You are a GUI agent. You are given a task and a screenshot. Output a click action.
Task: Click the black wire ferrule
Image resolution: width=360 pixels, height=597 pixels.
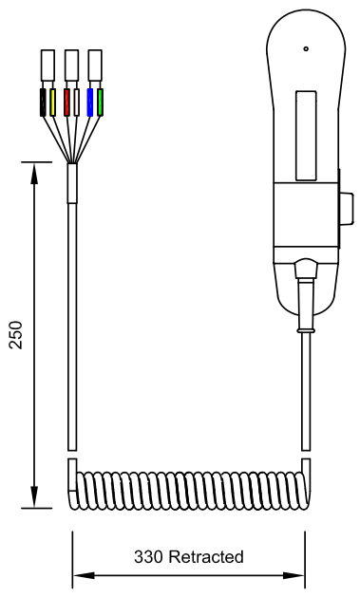click(x=43, y=103)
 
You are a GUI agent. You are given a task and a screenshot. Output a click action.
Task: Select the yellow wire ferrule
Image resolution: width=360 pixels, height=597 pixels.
click(x=52, y=103)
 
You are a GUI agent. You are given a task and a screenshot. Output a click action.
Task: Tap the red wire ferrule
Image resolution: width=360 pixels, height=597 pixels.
click(x=66, y=103)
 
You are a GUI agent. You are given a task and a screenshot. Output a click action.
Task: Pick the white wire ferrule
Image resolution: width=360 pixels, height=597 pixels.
click(x=76, y=103)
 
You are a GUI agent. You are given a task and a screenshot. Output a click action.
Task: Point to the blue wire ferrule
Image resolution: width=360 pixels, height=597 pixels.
click(x=90, y=103)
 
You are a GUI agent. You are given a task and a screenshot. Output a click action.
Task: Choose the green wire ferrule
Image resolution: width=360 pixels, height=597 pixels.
click(x=100, y=103)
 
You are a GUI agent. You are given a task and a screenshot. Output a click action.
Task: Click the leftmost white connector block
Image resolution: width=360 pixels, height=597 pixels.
click(x=47, y=65)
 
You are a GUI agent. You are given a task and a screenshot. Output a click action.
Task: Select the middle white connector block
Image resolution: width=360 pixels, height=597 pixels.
click(x=71, y=65)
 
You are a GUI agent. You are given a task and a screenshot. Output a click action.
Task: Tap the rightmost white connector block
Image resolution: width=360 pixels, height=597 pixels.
click(x=95, y=65)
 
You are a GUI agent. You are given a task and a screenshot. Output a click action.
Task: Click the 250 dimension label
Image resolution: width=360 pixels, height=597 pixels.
click(x=16, y=335)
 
